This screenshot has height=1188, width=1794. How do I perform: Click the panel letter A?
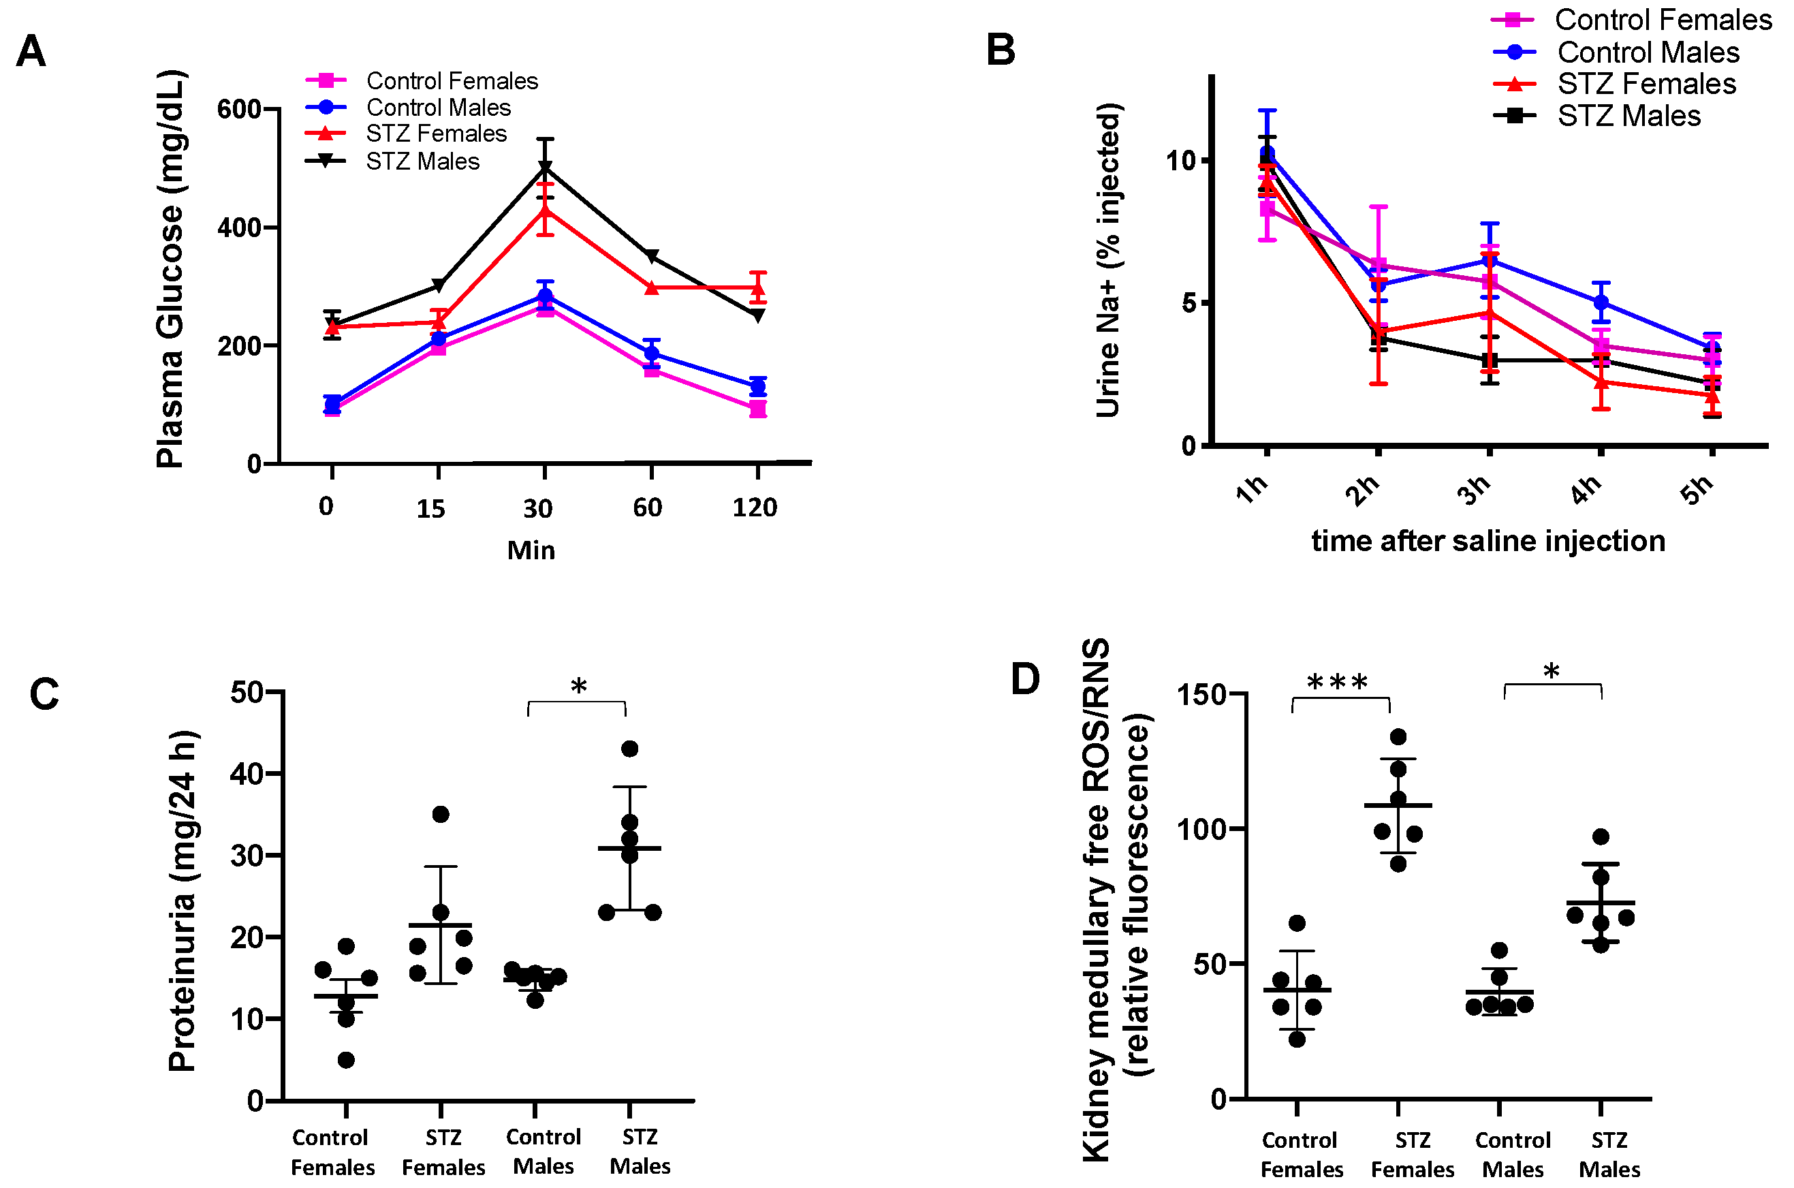tap(31, 52)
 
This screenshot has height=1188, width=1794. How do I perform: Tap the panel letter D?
tap(1025, 679)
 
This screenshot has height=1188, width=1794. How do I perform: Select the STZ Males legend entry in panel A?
tap(422, 161)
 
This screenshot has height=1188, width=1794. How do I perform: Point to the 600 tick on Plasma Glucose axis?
tap(238, 109)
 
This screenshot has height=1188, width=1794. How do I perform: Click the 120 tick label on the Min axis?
tap(755, 507)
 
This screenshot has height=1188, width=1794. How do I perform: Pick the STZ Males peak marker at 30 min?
tap(545, 168)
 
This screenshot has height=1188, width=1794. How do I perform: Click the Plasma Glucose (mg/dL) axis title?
tap(170, 269)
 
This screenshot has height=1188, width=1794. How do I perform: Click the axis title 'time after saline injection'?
tap(1488, 541)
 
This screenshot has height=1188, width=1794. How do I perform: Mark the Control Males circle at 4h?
tap(1601, 302)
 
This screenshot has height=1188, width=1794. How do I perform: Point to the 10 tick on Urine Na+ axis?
tap(1181, 161)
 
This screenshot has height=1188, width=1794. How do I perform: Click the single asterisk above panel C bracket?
tap(579, 687)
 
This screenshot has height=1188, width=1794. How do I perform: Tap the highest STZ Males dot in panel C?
tap(629, 749)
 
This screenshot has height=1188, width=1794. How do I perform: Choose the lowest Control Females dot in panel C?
tap(346, 1060)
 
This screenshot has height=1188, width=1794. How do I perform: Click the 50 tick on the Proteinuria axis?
tap(247, 693)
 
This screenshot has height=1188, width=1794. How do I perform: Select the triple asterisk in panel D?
tap(1337, 682)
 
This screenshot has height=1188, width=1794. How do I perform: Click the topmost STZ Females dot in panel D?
tap(1398, 736)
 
